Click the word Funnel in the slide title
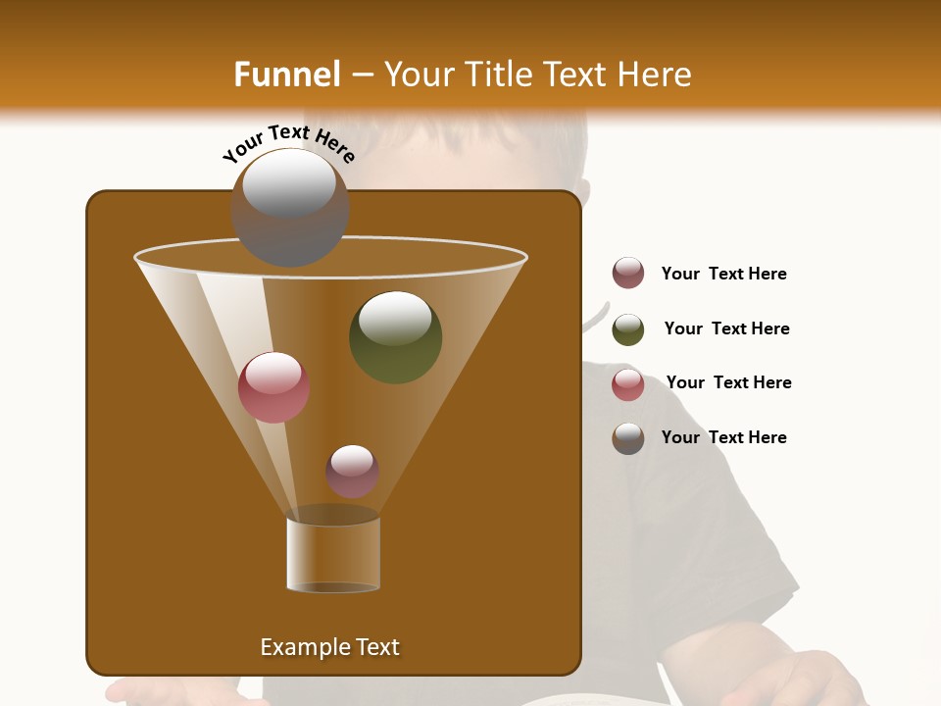[x=286, y=75]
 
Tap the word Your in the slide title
[x=421, y=75]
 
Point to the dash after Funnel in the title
[x=361, y=75]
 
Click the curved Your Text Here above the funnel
[x=288, y=142]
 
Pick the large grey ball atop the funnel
[x=290, y=207]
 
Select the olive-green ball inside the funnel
[x=395, y=337]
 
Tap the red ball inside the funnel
[x=273, y=387]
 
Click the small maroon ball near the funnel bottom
[x=352, y=472]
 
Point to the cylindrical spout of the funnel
[x=333, y=554]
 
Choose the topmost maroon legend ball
[x=628, y=274]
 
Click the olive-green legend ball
[x=628, y=329]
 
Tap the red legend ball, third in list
[x=628, y=384]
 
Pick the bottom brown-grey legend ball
[x=628, y=438]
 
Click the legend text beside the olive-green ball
[x=726, y=328]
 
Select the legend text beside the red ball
[x=728, y=382]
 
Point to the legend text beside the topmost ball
[x=723, y=274]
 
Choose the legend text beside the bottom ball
[x=723, y=437]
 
